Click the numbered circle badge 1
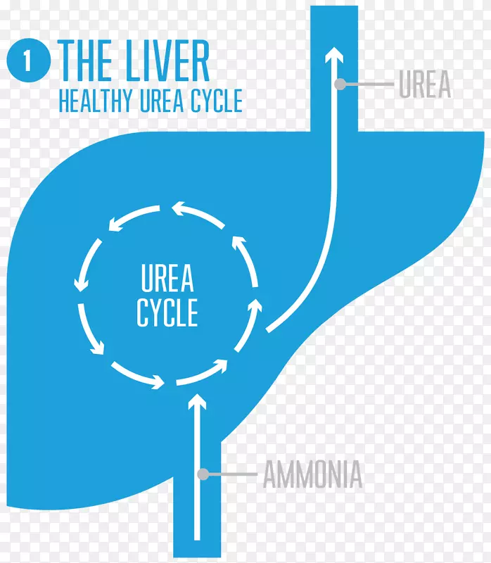(27, 61)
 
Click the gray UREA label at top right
(424, 84)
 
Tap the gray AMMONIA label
(312, 475)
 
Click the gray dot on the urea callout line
(340, 84)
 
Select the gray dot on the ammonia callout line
(202, 475)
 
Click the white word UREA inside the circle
(167, 281)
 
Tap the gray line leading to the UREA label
(367, 84)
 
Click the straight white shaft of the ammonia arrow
(198, 479)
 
